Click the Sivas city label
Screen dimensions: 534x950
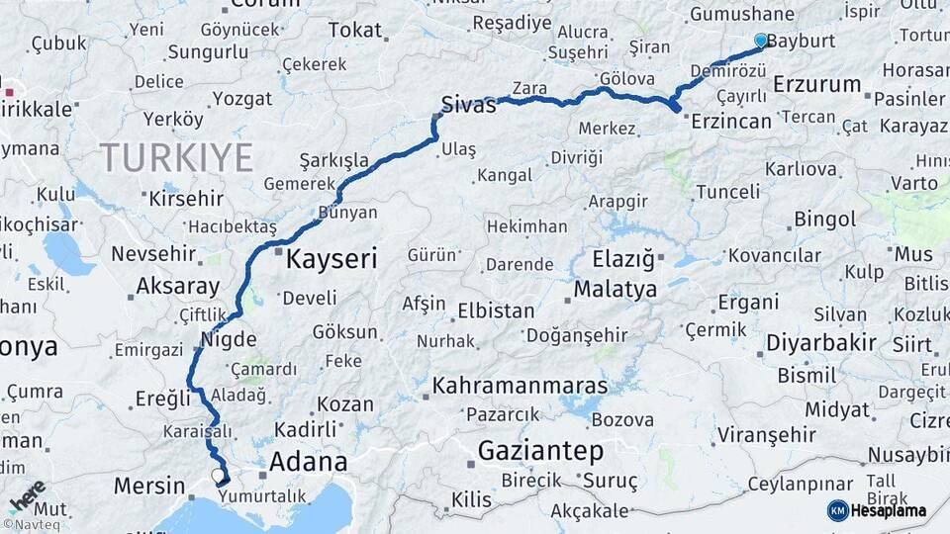click(468, 106)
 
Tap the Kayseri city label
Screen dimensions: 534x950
click(332, 260)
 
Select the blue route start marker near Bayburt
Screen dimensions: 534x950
click(760, 41)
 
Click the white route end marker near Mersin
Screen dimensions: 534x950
click(218, 476)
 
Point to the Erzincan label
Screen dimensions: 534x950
click(731, 121)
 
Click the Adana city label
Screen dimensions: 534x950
click(308, 462)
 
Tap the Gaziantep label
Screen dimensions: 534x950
click(540, 452)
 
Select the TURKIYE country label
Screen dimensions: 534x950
click(176, 157)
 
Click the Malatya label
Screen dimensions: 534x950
click(615, 290)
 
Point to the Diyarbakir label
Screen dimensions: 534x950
click(820, 343)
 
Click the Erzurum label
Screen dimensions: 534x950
click(816, 85)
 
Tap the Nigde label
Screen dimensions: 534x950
click(228, 339)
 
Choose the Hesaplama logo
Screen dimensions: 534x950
click(877, 510)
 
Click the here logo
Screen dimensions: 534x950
click(27, 495)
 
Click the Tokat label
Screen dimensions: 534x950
click(354, 31)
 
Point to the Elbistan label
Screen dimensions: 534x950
click(496, 311)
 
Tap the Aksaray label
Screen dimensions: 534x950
click(177, 287)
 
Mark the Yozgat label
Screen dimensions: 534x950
click(241, 99)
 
